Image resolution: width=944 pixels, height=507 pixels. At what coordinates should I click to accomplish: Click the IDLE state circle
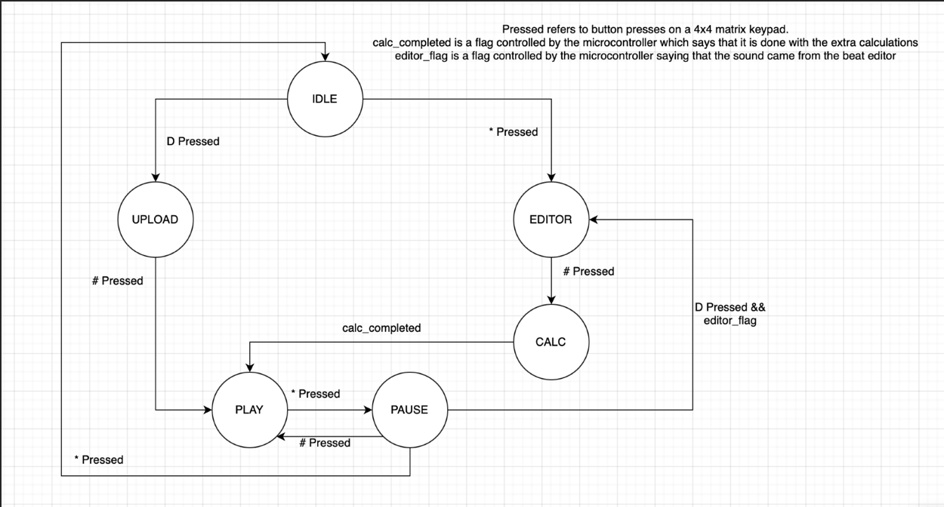325,99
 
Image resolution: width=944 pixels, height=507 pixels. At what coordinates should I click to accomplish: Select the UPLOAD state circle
155,220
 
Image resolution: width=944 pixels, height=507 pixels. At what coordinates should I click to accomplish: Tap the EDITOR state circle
551,220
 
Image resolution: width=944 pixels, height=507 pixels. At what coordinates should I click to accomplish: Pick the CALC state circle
551,342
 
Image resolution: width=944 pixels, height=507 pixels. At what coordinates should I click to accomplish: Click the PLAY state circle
249,410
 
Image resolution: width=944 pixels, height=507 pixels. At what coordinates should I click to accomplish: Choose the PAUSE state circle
409,410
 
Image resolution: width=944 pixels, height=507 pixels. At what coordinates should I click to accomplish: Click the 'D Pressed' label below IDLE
193,141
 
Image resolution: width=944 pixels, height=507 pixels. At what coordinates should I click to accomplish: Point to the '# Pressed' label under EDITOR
588,271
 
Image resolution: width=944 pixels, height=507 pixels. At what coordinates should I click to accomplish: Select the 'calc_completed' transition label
381,327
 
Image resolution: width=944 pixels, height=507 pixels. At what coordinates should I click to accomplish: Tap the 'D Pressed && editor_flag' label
730,314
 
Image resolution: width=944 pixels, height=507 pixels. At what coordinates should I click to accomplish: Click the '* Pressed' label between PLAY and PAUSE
315,394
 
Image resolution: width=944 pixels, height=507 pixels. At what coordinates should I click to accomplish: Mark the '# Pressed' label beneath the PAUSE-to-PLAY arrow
325,443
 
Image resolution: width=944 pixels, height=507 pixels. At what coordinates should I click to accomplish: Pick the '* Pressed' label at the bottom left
98,459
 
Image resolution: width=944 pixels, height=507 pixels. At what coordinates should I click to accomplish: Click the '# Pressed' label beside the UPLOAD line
117,281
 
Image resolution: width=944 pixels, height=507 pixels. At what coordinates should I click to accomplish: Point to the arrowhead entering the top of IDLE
325,57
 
